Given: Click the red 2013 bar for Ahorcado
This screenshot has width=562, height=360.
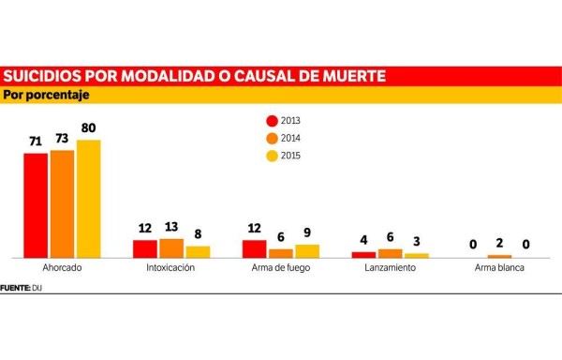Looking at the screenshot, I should coord(36,205).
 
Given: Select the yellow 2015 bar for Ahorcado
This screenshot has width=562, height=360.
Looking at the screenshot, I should coord(88,199).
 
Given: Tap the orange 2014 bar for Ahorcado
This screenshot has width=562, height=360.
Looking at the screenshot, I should coord(62,203).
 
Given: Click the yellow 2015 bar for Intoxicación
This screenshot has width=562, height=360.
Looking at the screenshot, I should coord(198,252).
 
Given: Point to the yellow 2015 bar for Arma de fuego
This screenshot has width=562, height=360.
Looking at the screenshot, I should coord(307,251).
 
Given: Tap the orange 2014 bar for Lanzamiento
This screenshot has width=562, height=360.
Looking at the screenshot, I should coord(390,253).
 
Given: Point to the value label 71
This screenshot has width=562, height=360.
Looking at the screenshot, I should coord(36,142).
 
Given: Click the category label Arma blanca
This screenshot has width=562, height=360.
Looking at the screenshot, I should coord(499,268).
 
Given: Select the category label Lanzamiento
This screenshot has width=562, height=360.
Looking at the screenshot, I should coord(390,268).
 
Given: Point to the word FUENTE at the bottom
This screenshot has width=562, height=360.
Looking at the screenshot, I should coord(15,286).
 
